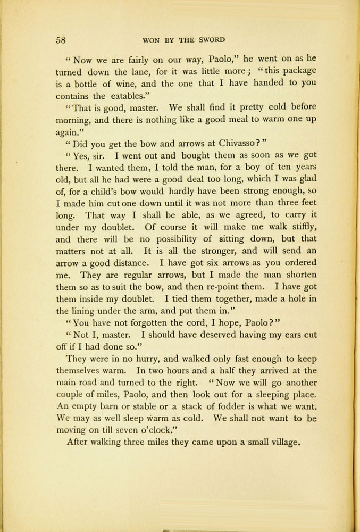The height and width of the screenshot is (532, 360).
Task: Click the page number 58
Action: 60,40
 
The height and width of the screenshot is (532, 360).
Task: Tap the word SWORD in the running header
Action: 211,40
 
